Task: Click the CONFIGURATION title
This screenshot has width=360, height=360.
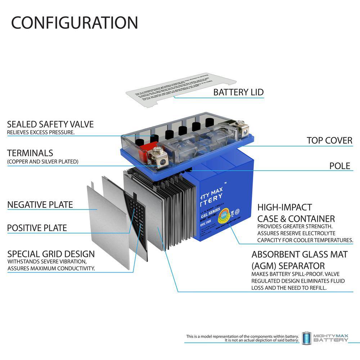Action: (x=75, y=23)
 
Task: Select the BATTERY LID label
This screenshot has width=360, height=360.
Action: (x=238, y=92)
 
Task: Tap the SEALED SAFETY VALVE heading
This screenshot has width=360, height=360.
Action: (x=50, y=124)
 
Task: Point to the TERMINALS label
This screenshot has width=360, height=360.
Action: (x=30, y=153)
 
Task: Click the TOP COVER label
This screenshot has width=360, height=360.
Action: (x=329, y=140)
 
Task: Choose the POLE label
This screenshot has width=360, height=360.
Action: (x=339, y=166)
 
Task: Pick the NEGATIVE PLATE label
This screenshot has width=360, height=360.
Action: (x=40, y=205)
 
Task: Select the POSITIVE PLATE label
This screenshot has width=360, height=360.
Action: (x=37, y=228)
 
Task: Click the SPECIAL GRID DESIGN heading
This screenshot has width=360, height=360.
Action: (x=51, y=254)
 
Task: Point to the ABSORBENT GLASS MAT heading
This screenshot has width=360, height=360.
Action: (x=300, y=255)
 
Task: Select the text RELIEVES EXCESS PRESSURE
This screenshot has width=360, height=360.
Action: (x=41, y=132)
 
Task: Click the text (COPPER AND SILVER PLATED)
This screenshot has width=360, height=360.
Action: (x=42, y=162)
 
